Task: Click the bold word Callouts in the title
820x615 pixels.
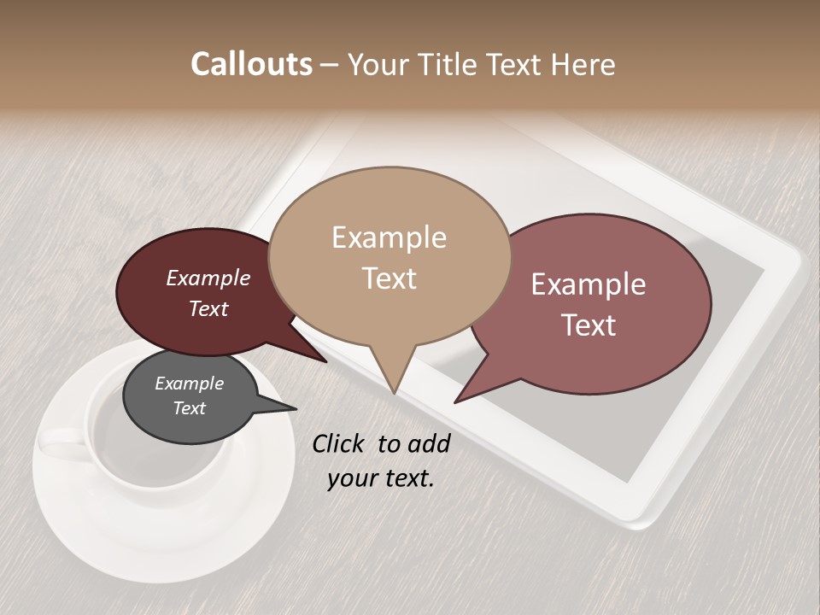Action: pos(251,64)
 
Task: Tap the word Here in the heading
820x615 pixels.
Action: pos(583,64)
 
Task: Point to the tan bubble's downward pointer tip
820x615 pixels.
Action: pos(393,391)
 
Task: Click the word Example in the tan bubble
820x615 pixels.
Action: pos(389,237)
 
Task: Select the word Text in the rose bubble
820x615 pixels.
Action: pos(589,325)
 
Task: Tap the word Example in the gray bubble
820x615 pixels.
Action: pos(189,384)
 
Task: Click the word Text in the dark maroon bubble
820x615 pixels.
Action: pos(208,309)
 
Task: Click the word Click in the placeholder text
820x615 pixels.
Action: pos(337,443)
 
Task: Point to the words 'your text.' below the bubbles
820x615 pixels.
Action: pos(381,478)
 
